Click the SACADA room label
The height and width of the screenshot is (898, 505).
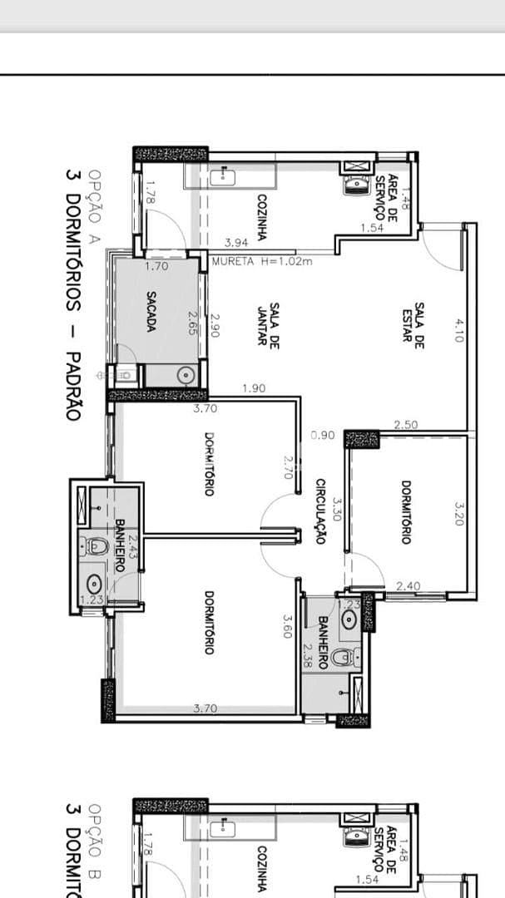click(151, 310)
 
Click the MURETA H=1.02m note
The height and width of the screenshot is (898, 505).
click(262, 261)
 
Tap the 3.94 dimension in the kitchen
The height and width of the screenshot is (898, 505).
click(237, 243)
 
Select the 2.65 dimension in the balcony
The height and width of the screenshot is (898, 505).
click(192, 323)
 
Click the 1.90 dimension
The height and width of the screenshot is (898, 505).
click(254, 388)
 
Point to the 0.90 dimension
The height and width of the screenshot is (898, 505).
click(323, 434)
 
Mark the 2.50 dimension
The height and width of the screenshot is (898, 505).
click(406, 425)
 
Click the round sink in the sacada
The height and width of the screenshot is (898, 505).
click(185, 375)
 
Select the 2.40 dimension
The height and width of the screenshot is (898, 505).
click(408, 586)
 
